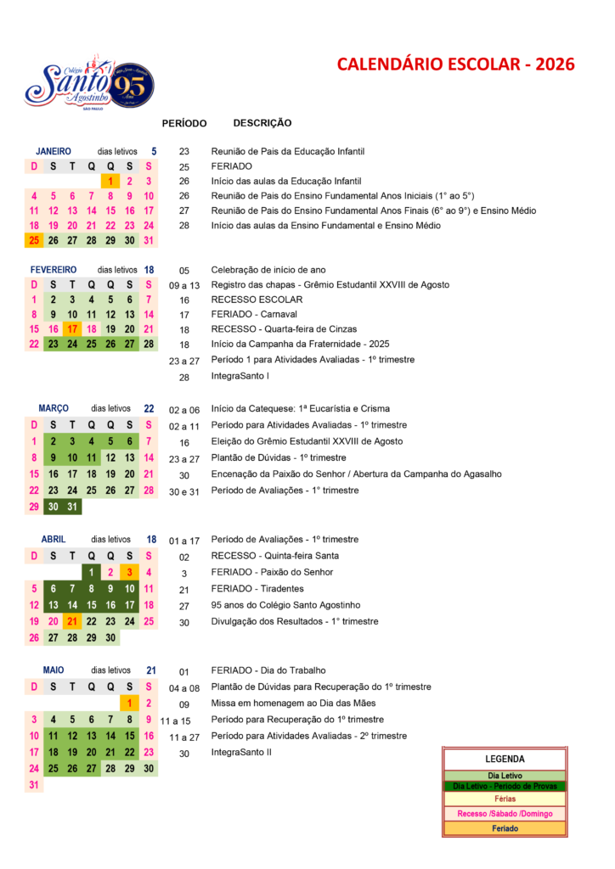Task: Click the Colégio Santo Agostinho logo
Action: pos(88,84)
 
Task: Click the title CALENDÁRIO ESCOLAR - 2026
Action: pos(455,64)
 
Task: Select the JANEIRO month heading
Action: pos(54,151)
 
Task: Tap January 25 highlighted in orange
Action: pos(34,240)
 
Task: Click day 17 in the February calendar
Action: pos(72,328)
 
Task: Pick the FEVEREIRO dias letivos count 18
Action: pos(150,270)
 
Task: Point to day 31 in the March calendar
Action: pos(72,507)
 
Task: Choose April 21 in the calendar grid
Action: pos(72,621)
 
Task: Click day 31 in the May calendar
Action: pos(34,785)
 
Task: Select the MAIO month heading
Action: pos(54,670)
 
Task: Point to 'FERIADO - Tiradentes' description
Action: pos(257,589)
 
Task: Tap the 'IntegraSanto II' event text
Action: pos(241,752)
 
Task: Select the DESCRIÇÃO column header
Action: pos(262,123)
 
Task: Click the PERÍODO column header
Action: pos(184,124)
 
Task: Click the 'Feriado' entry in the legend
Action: pos(505,828)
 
